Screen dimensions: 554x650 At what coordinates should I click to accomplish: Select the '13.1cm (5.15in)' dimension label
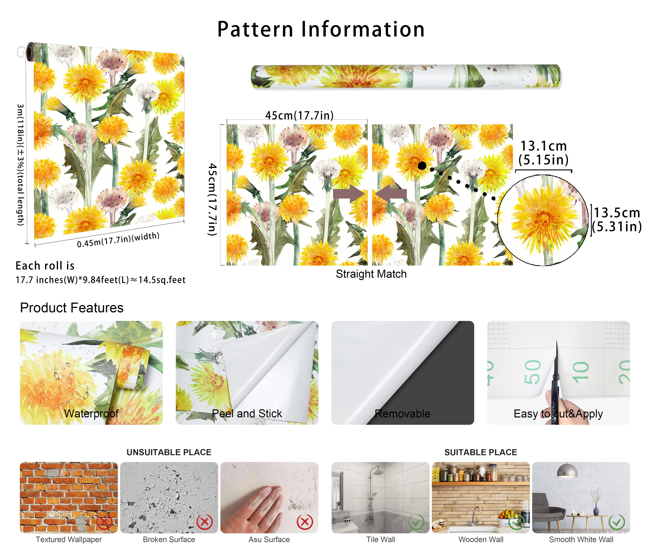click(544, 153)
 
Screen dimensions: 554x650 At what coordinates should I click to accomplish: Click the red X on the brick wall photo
click(105, 522)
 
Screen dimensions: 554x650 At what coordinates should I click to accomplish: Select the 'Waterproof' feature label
click(91, 413)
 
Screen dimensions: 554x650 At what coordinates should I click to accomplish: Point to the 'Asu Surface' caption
click(269, 540)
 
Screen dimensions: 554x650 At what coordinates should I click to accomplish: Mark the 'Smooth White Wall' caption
click(581, 540)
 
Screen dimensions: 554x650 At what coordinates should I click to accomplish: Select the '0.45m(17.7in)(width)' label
click(118, 240)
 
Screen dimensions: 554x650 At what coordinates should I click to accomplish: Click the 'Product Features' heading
click(72, 308)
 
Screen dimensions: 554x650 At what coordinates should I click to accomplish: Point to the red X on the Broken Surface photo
click(204, 522)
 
